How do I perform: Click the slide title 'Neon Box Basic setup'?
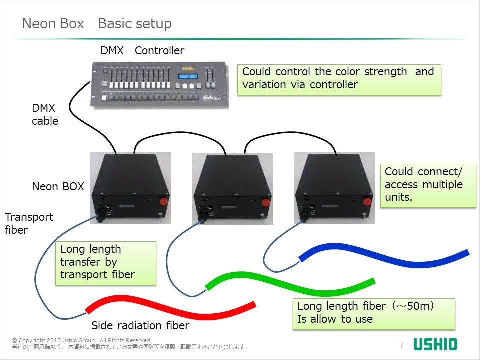[97, 24]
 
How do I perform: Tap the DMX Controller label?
[142, 50]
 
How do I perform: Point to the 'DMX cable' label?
[45, 114]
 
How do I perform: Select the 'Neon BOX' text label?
[58, 187]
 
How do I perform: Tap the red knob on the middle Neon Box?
[265, 201]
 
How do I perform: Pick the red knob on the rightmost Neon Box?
[366, 201]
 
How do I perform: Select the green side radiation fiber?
[290, 283]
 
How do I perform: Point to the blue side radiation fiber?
[385, 255]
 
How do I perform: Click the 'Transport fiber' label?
[29, 223]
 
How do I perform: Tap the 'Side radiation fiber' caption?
[140, 326]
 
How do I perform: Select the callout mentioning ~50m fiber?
[373, 313]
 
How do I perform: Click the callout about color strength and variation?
[338, 78]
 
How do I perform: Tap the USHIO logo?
[435, 345]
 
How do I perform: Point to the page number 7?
[401, 346]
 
